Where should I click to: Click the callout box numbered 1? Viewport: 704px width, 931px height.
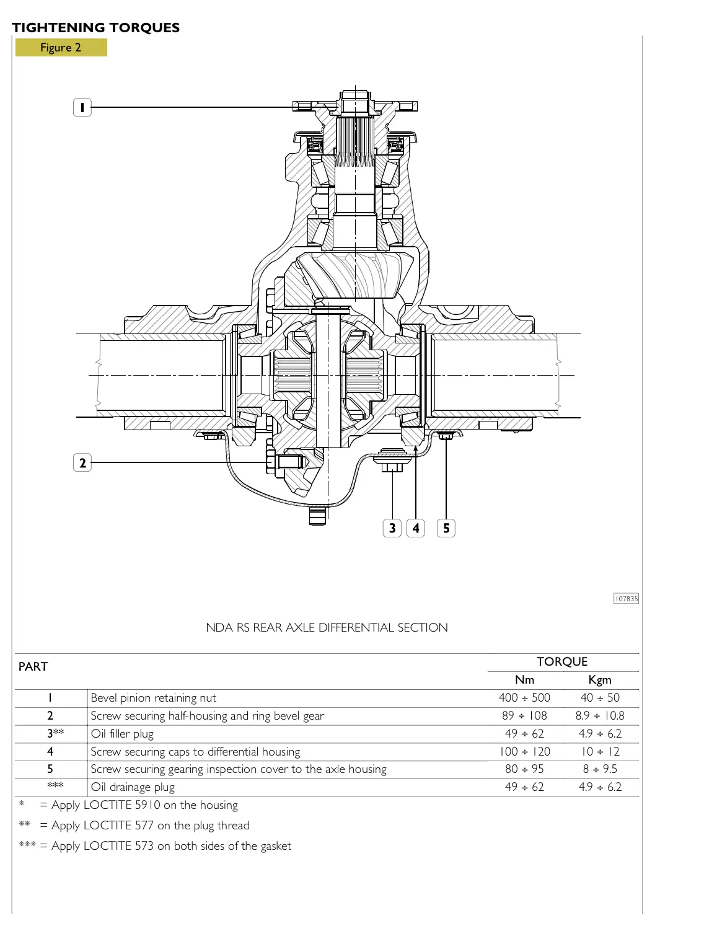[82, 107]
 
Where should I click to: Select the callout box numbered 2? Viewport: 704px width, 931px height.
[82, 462]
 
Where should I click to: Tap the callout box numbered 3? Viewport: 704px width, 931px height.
[392, 528]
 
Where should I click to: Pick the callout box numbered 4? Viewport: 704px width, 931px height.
[416, 528]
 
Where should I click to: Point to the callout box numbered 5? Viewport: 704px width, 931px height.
[446, 528]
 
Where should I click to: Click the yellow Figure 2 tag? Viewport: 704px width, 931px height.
[61, 48]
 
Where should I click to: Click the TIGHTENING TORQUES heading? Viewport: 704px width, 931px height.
[96, 28]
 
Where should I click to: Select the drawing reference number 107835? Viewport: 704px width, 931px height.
[626, 599]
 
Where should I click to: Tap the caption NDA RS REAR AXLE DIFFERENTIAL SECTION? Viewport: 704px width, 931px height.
[327, 627]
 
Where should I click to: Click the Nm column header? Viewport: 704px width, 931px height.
[524, 680]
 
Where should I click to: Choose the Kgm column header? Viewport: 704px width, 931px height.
[599, 680]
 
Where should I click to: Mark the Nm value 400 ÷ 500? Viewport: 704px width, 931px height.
[524, 698]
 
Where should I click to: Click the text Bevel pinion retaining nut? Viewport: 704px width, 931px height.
[153, 698]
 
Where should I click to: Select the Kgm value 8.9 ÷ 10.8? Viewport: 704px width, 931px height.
[599, 716]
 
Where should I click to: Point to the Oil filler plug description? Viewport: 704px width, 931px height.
[122, 734]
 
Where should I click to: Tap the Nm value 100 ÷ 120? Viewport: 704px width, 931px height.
[524, 752]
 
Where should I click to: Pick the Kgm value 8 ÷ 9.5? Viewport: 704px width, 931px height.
[599, 769]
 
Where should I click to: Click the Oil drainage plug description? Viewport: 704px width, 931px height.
[133, 787]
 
